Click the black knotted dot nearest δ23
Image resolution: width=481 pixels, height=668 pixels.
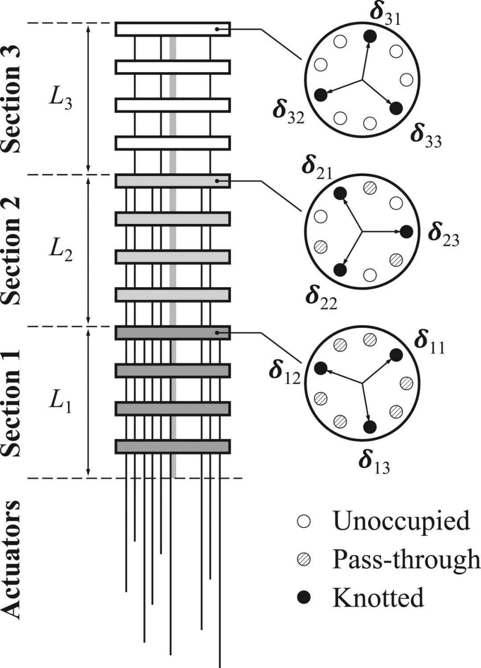click(x=406, y=231)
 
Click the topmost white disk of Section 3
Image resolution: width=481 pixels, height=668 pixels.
click(x=173, y=29)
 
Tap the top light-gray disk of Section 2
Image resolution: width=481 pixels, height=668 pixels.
click(x=173, y=181)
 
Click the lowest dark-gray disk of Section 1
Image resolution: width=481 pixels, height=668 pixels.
click(x=173, y=446)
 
